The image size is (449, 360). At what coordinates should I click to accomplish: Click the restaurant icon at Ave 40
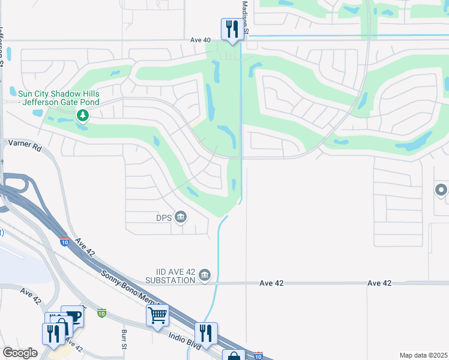click(x=232, y=28)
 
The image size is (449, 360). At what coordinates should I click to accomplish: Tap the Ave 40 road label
click(x=200, y=40)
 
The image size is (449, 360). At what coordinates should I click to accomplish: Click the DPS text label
click(x=164, y=217)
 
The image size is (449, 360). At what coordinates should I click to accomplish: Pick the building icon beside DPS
click(x=180, y=217)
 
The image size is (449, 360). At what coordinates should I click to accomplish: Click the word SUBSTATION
click(x=170, y=280)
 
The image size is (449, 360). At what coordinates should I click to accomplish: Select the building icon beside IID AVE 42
click(x=205, y=275)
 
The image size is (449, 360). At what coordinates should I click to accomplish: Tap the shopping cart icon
click(x=157, y=314)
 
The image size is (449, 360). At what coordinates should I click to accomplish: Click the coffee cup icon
click(x=73, y=316)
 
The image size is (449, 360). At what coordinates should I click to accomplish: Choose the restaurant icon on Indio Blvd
click(x=206, y=332)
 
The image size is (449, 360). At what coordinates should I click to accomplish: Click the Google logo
click(x=20, y=353)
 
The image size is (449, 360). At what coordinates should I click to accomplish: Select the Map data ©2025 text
click(x=423, y=355)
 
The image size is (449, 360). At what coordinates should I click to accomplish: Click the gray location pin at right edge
click(x=441, y=191)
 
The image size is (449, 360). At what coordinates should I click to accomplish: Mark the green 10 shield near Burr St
click(x=102, y=313)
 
